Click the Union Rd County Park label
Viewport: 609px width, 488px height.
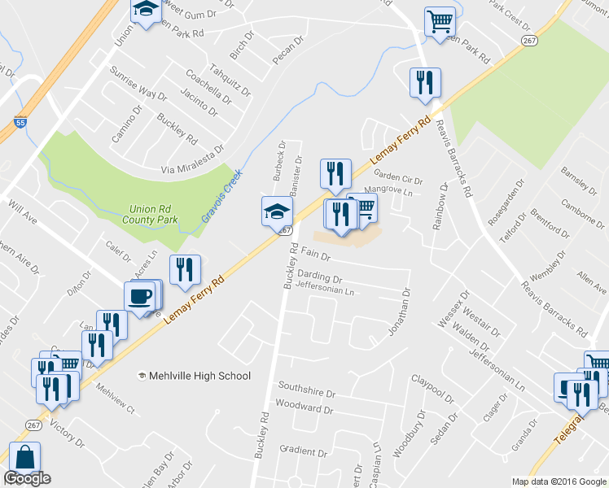click(x=155, y=214)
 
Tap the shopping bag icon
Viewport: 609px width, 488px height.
click(x=25, y=459)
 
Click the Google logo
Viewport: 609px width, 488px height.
click(x=27, y=478)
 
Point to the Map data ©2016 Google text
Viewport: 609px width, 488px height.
click(x=559, y=481)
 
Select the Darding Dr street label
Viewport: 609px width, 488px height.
click(x=320, y=277)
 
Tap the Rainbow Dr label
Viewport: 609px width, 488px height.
click(x=440, y=207)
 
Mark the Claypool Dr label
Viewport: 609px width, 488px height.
click(x=432, y=386)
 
